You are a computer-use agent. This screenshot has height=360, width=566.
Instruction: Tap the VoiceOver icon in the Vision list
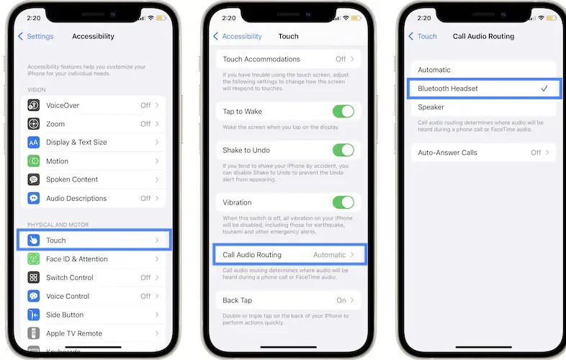(34, 105)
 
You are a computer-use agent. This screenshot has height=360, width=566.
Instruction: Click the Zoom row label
(55, 124)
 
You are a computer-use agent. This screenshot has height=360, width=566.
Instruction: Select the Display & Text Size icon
(34, 143)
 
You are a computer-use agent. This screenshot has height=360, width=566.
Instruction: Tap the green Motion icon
(34, 161)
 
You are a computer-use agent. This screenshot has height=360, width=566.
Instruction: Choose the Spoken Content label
(72, 179)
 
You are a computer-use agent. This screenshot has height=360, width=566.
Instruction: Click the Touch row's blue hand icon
(34, 240)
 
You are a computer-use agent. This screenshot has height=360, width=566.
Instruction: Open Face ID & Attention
(77, 259)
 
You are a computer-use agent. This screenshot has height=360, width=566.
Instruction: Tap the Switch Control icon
(34, 277)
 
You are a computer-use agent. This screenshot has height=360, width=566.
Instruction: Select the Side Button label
(65, 315)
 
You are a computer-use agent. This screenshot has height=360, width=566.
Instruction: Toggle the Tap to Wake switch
(343, 111)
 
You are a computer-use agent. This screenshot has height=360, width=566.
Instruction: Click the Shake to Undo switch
(343, 150)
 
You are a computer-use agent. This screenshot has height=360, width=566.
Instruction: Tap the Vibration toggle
(343, 202)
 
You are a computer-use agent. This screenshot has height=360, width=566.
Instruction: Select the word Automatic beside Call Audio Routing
(330, 255)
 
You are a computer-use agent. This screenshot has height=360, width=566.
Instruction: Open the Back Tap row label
(237, 300)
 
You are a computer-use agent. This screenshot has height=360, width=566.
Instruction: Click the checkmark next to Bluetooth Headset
(544, 89)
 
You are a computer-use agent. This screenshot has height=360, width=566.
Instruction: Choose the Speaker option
(431, 107)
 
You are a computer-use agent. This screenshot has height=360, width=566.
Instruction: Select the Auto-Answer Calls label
(447, 153)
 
